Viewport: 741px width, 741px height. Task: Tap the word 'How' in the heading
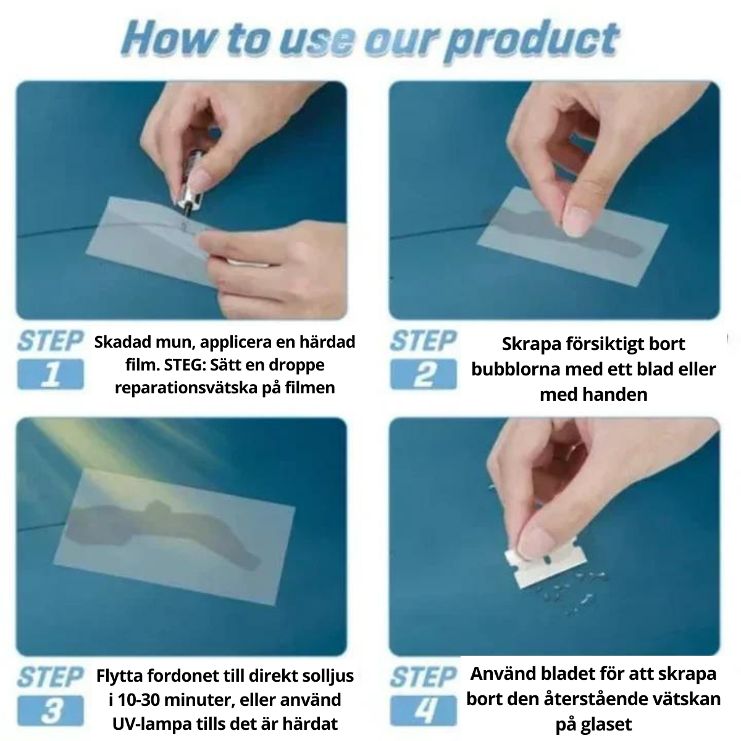click(x=169, y=38)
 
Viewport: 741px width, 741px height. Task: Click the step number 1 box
click(x=51, y=374)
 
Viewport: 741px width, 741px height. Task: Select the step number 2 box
click(x=424, y=374)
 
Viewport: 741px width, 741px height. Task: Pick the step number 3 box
click(x=51, y=710)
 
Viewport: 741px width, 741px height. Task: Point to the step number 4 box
click(x=424, y=710)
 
